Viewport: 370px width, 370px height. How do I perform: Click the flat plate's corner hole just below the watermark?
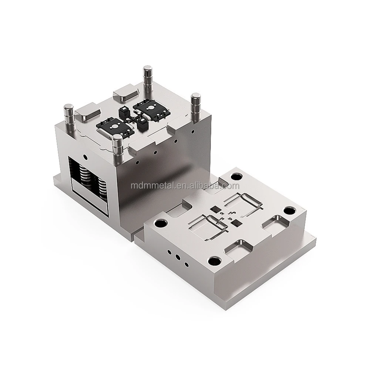click(x=237, y=173)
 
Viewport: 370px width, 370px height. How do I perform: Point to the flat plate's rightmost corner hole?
click(x=289, y=211)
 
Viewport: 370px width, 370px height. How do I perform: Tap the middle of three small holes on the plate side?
click(x=178, y=256)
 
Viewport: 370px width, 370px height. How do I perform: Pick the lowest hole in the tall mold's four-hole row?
click(x=137, y=162)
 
